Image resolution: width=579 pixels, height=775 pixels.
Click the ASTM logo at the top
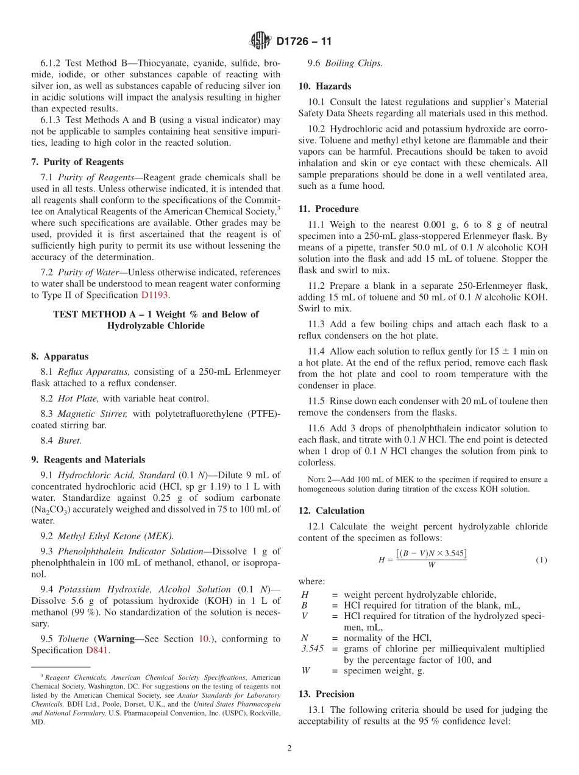click(260, 41)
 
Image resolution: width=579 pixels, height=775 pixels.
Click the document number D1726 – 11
click(304, 42)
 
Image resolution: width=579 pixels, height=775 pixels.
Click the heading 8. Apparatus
click(59, 356)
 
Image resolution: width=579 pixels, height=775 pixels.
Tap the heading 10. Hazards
click(324, 87)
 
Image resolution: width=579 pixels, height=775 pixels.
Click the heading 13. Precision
click(326, 694)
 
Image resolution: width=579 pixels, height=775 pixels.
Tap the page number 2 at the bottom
click(289, 748)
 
